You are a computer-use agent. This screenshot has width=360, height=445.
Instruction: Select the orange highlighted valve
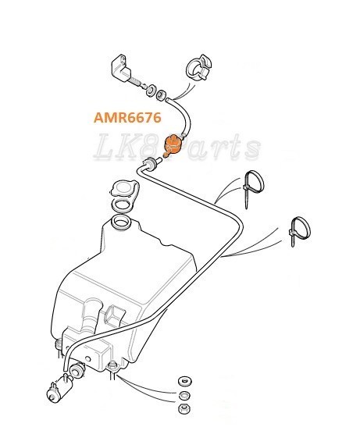[172, 144]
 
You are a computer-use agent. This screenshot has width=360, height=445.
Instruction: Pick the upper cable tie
[251, 187]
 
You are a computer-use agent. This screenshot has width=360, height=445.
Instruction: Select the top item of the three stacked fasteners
[184, 380]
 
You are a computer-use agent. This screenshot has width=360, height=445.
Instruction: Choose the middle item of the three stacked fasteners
[184, 395]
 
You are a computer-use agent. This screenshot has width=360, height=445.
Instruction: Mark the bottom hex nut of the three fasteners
[184, 409]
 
